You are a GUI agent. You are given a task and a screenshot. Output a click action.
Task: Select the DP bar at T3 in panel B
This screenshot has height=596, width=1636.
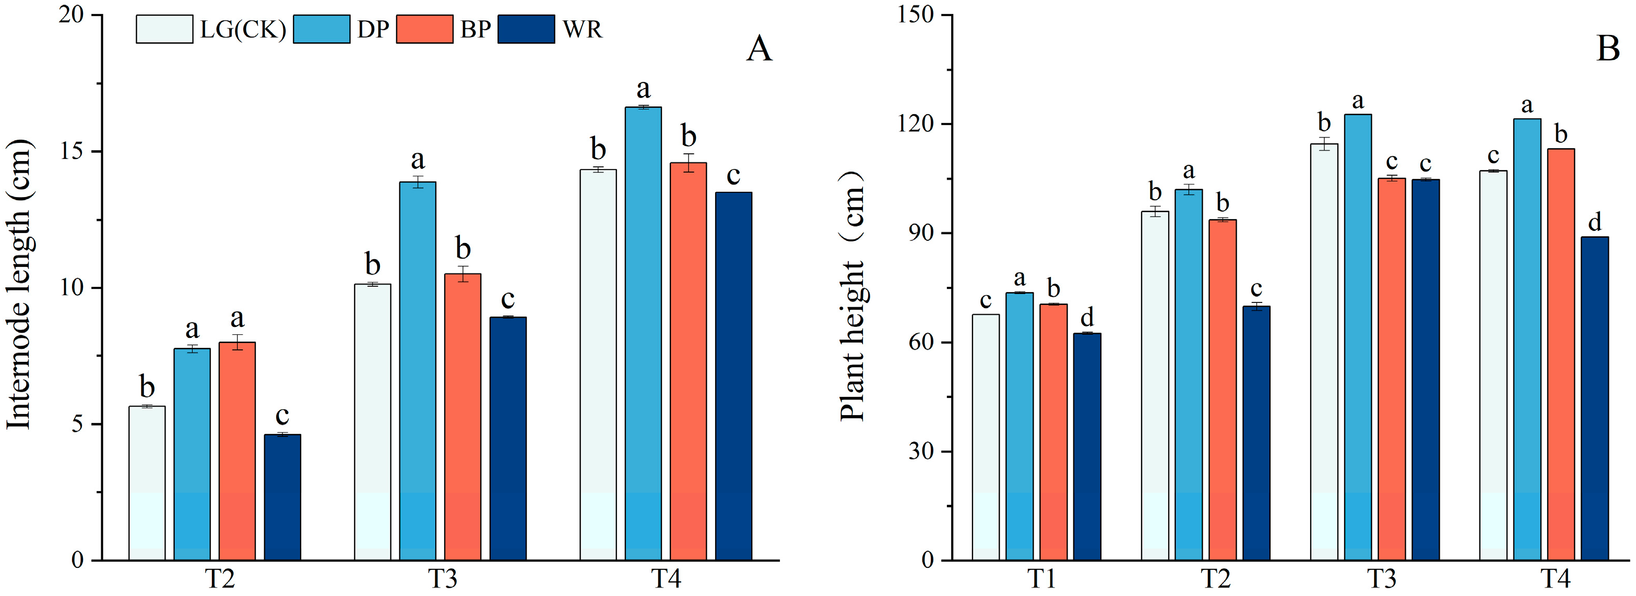pos(1357,337)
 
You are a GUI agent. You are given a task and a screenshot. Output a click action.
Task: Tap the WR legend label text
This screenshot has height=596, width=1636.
pos(582,30)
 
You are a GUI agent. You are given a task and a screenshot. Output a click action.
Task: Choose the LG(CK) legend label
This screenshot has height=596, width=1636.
pos(243,30)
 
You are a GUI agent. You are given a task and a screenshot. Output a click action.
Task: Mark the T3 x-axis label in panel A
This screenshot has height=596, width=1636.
pos(442,579)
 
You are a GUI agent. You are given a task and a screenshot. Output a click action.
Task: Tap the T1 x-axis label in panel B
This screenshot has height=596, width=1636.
pos(1041,579)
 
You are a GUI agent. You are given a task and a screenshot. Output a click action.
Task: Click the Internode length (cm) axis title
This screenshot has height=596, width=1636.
pos(19,284)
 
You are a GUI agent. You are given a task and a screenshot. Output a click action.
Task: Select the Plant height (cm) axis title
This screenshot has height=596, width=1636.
pos(852,295)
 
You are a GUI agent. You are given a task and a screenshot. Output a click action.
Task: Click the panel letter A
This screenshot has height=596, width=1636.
pos(759,48)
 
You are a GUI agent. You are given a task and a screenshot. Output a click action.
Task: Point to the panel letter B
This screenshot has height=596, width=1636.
pos(1607,48)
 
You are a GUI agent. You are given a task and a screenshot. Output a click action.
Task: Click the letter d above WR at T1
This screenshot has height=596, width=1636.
pos(1087,317)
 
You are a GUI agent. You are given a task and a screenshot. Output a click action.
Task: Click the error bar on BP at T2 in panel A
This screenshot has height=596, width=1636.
pos(237,342)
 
